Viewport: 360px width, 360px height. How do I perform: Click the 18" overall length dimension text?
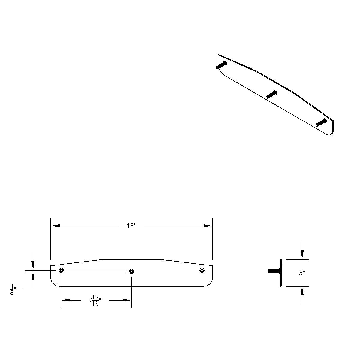tap(131, 226)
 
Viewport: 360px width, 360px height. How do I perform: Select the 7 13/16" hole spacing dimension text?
tap(95, 300)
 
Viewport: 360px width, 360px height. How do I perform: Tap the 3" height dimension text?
tap(302, 273)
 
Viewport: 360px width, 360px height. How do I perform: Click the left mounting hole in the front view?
tap(61, 270)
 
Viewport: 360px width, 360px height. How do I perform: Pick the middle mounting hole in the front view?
tap(131, 271)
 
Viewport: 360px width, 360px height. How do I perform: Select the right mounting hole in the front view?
tap(202, 270)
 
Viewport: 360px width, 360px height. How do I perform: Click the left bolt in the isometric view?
tap(222, 65)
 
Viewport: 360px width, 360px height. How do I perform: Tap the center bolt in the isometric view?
tap(271, 94)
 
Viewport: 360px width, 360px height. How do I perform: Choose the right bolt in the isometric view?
tap(321, 122)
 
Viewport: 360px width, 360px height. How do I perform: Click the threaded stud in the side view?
tap(274, 271)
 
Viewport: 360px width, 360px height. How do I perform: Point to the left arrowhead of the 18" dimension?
tap(55, 226)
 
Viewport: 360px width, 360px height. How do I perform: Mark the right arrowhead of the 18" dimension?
tap(208, 226)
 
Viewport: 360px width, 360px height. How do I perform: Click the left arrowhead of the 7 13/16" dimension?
tap(66, 300)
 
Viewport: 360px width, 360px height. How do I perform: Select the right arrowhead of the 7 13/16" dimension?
tap(127, 300)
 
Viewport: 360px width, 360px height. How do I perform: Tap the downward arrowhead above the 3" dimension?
tap(302, 255)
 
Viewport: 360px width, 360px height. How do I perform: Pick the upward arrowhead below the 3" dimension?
tap(302, 291)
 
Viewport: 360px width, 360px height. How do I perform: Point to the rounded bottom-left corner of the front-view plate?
tap(53, 284)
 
